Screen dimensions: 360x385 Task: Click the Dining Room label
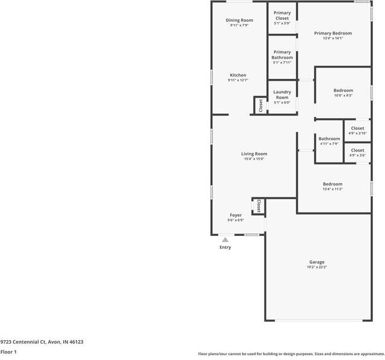[239, 20]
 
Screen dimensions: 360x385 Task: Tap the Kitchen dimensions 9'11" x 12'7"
[237, 80]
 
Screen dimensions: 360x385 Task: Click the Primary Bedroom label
[333, 33]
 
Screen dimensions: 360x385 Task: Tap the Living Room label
[254, 154]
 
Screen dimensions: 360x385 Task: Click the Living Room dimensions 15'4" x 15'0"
[254, 159]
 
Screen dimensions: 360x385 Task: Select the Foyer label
[236, 215]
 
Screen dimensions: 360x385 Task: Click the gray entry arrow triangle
[225, 240]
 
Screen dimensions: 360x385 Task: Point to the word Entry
[225, 247]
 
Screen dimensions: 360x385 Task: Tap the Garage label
[317, 262]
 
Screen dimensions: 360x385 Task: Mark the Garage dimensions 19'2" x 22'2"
[317, 267]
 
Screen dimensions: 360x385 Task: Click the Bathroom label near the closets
[329, 138]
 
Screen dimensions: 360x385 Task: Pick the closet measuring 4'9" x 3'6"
[357, 153]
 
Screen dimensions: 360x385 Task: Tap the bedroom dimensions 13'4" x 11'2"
[333, 189]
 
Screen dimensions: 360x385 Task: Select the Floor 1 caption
[8, 352]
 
